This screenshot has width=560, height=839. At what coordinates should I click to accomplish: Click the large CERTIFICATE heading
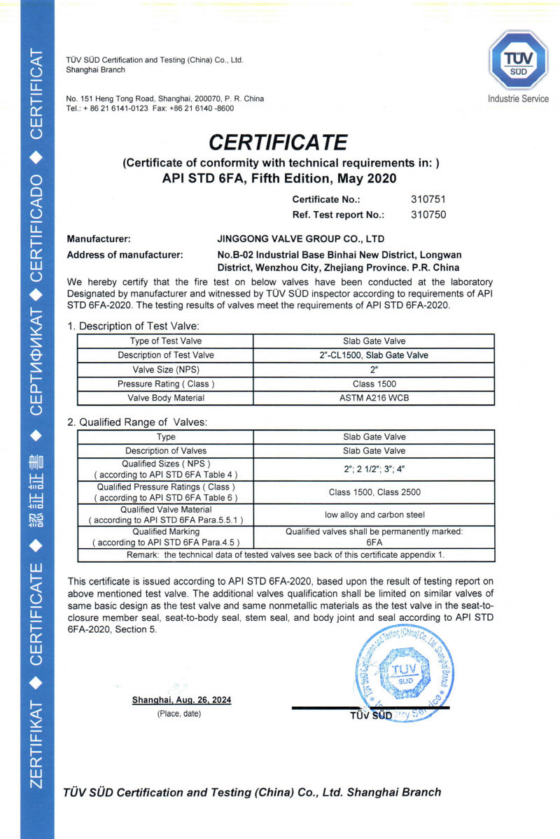[x=279, y=143]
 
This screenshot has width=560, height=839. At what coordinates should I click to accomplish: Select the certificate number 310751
[x=428, y=199]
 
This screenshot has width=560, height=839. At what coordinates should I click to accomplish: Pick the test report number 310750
[x=428, y=215]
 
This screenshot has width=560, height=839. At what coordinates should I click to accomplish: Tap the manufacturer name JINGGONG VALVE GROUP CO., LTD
[x=301, y=238]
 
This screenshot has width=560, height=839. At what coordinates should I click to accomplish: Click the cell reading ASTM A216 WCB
[x=373, y=398]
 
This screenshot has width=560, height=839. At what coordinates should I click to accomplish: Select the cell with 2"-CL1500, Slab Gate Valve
[x=373, y=355]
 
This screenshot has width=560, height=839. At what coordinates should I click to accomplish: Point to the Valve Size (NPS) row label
[x=166, y=369]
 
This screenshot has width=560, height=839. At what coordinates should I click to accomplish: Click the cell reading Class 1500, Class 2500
[x=373, y=492]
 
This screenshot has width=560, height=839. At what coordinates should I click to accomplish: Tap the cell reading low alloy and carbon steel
[x=373, y=515]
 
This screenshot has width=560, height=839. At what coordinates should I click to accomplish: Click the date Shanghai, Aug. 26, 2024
[x=181, y=700]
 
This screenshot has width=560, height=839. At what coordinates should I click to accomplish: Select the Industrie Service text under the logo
[x=518, y=99]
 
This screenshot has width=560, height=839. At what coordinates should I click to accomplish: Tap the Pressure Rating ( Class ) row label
[x=166, y=384]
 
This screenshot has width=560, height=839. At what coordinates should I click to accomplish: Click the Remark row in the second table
[x=285, y=554]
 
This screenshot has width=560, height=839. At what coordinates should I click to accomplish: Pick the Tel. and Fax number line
[x=150, y=108]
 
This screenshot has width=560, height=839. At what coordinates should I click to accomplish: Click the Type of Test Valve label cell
[x=166, y=341]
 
